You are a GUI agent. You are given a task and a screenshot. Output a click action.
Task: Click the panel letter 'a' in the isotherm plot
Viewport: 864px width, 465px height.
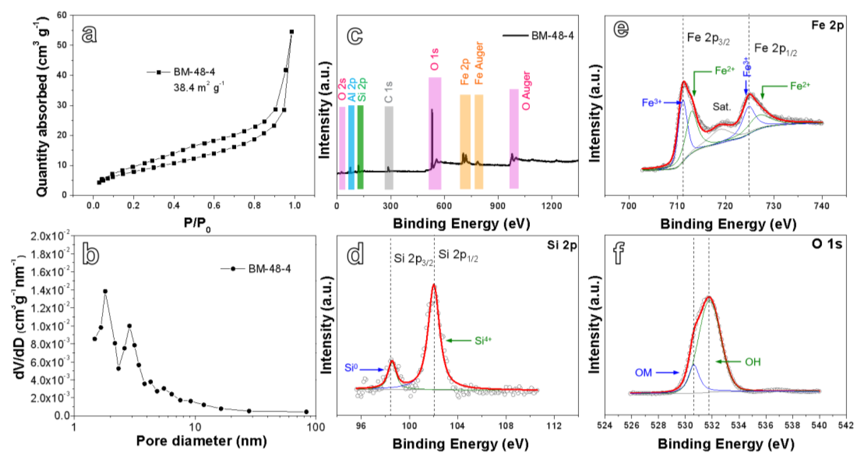89,34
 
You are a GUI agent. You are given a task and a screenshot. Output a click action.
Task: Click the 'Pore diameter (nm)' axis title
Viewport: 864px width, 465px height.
201,441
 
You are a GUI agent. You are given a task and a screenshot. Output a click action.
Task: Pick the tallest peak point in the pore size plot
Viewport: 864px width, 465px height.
105,291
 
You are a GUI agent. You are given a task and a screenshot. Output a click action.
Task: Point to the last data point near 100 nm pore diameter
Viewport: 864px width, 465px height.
306,412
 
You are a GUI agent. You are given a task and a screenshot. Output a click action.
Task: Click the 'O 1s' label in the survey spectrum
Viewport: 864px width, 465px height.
435,59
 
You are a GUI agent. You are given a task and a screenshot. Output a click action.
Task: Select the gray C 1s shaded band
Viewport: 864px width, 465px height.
389,148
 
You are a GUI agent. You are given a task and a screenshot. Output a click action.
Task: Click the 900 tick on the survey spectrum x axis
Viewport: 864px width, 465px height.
497,205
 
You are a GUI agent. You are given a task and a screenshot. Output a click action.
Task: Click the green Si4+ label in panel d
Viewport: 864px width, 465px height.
483,341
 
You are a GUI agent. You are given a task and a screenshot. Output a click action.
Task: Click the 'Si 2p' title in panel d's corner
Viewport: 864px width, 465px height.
562,245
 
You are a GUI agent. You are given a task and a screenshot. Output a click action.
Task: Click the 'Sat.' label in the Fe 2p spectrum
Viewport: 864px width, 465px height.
722,107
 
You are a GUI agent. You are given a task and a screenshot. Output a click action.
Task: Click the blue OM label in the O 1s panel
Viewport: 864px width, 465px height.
643,372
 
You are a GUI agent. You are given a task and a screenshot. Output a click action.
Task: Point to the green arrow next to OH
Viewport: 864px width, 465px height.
728,362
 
